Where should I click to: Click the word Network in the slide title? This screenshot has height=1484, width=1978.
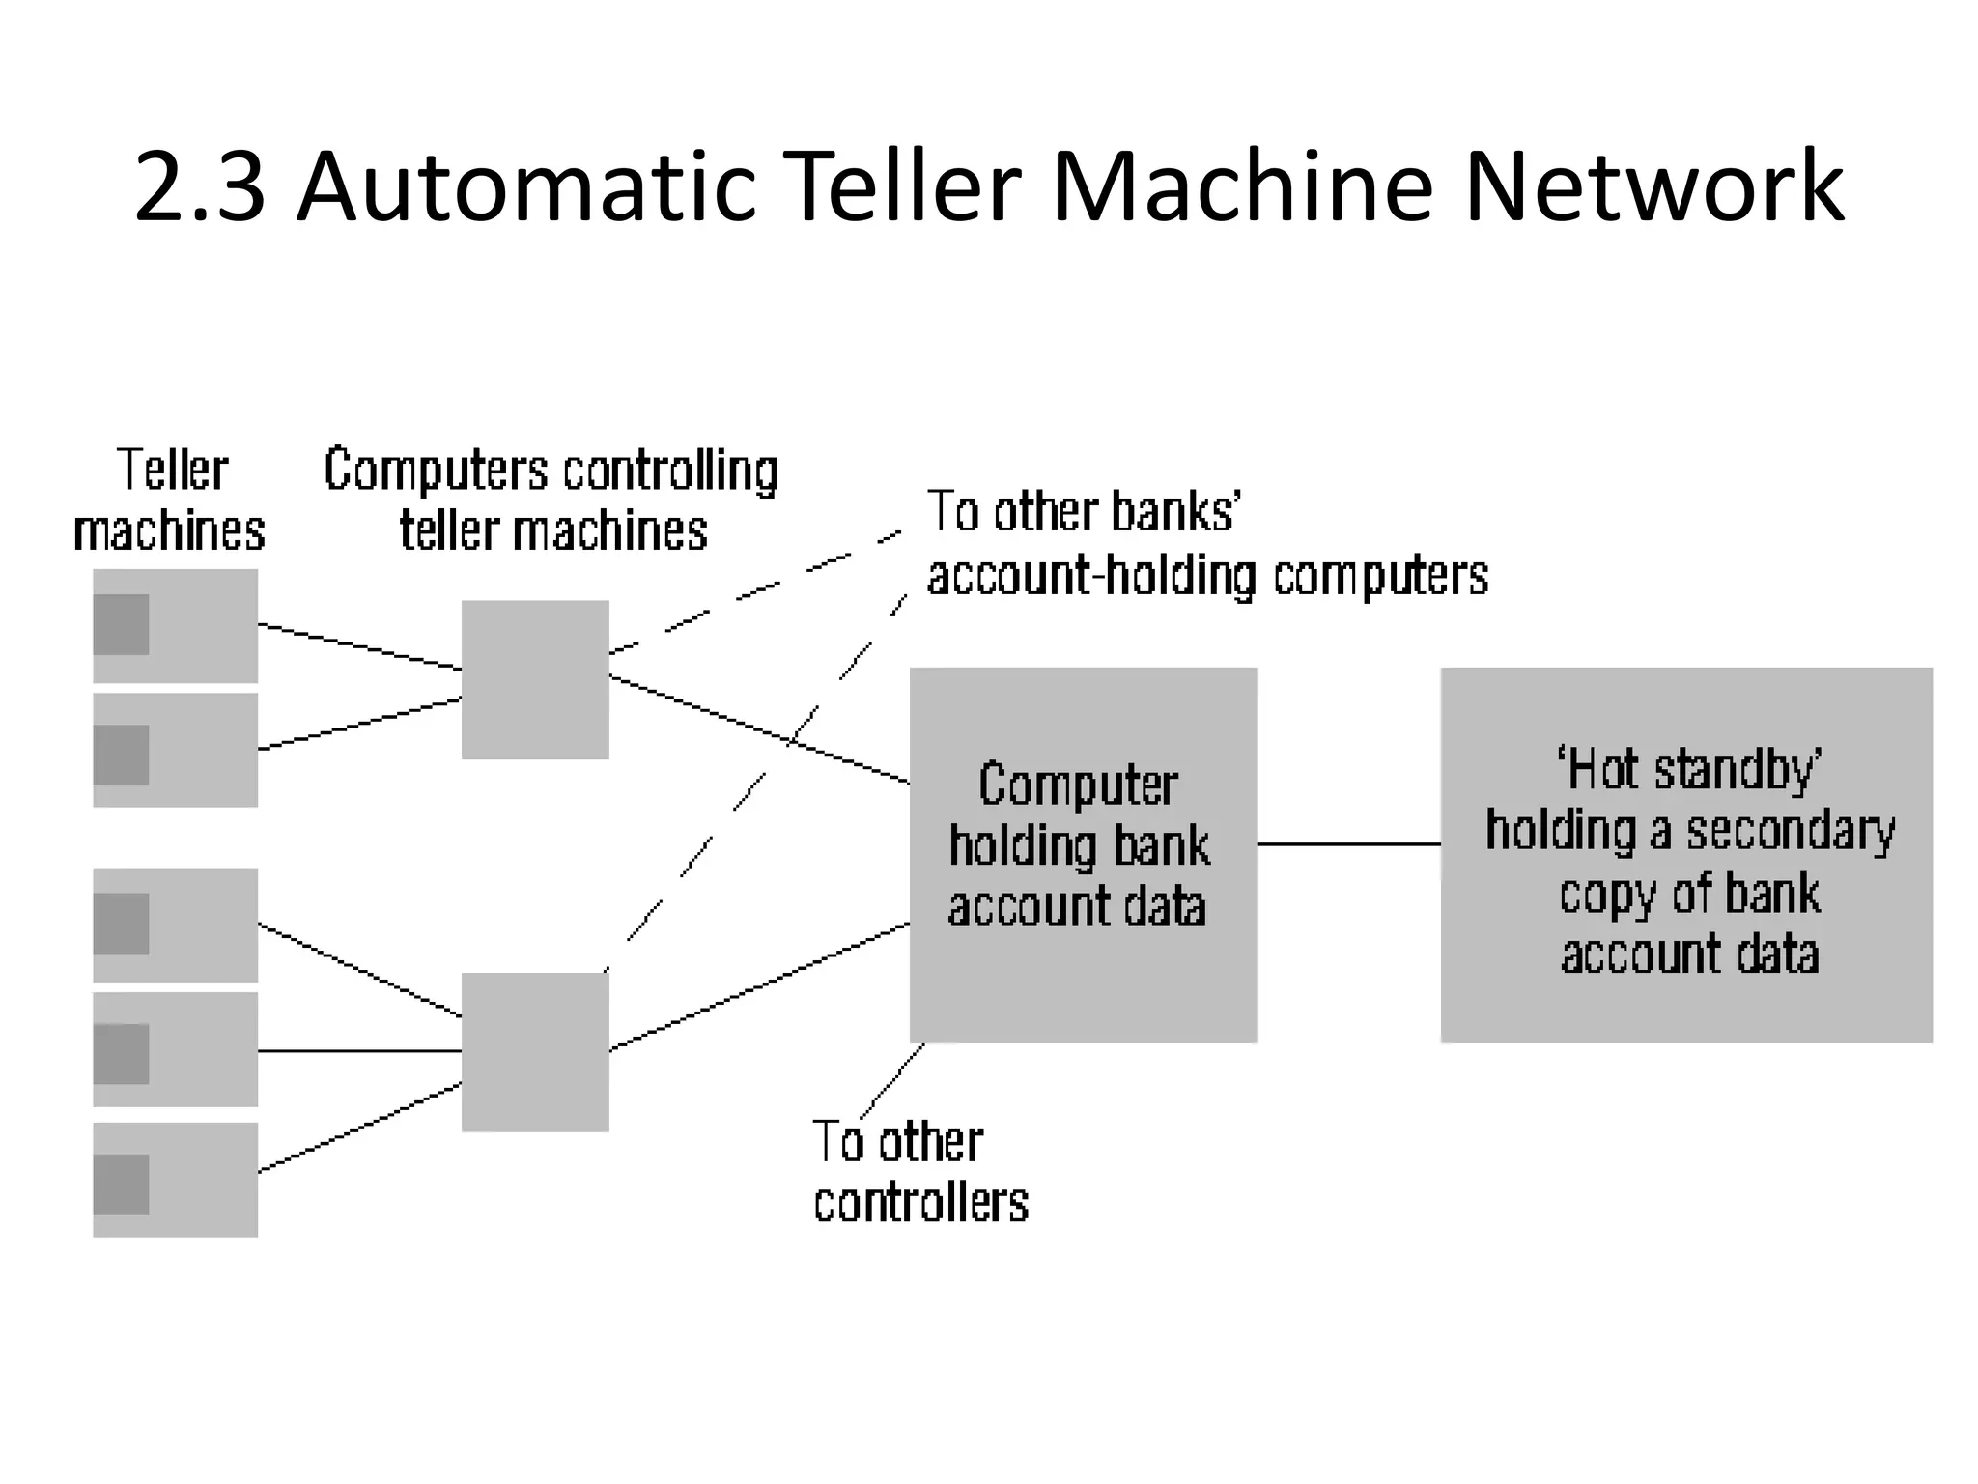tap(1653, 185)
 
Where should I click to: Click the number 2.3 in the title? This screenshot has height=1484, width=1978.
tap(199, 185)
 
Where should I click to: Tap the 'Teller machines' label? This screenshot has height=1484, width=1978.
tap(169, 500)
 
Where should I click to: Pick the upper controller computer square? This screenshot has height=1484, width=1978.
tap(535, 679)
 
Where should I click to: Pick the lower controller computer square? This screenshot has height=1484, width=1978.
tap(535, 1051)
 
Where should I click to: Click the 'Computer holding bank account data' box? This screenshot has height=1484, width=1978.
tap(1083, 854)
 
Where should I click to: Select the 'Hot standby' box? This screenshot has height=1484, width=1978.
tap(1685, 854)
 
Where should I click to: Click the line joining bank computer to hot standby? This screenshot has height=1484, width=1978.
tap(1348, 843)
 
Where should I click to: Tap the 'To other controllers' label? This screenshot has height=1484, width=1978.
tap(918, 1172)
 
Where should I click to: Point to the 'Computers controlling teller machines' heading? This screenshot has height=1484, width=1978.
tap(551, 500)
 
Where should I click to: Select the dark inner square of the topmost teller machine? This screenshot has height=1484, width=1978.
tap(122, 624)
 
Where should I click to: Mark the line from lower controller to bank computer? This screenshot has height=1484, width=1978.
tap(758, 986)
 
